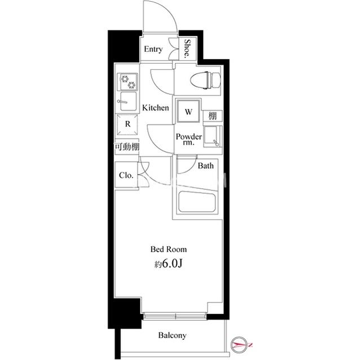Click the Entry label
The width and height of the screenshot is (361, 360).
(x=153, y=49)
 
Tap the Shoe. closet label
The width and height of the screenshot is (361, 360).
(x=187, y=48)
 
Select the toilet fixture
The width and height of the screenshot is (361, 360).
(x=205, y=80)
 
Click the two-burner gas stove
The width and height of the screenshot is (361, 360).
(x=128, y=82)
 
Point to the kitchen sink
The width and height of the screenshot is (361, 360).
(x=128, y=101)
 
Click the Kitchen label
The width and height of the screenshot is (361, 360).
(x=156, y=108)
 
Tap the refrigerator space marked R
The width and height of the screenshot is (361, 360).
(x=127, y=125)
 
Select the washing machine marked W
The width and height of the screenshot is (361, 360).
(x=188, y=111)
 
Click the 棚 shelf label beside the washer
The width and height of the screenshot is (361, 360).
(x=213, y=115)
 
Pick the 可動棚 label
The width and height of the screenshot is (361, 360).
(x=127, y=146)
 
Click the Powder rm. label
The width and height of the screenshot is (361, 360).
(x=189, y=139)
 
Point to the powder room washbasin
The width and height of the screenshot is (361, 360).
(x=213, y=136)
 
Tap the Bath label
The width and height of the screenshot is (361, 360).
(x=205, y=166)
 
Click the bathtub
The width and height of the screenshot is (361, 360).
(x=197, y=202)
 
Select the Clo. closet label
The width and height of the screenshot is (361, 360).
(x=126, y=175)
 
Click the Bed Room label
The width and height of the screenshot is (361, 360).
(x=169, y=249)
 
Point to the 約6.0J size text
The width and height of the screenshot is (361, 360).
(x=168, y=264)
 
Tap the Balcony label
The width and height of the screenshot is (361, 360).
(x=172, y=335)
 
